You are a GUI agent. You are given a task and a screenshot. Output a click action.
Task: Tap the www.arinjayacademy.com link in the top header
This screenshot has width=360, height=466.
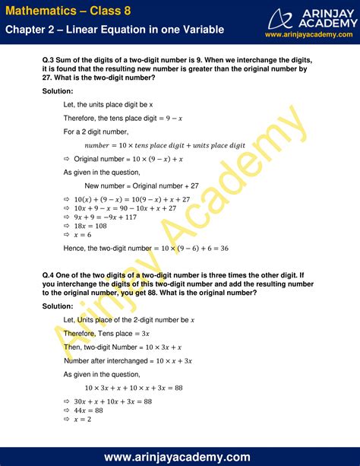coord(308,35)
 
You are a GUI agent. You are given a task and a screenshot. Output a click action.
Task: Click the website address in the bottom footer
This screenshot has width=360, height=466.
coord(180,456)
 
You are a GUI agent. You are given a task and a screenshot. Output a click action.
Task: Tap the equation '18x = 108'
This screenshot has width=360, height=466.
coord(90,226)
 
